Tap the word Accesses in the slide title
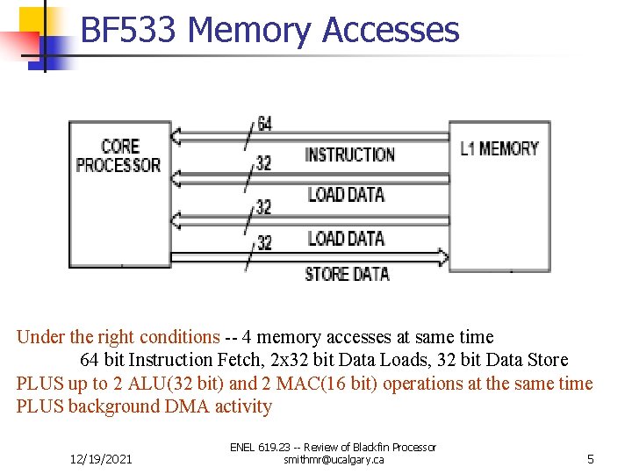coord(391,30)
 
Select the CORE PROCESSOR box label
coord(118,155)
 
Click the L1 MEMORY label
coord(499,148)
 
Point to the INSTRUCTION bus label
coord(349,154)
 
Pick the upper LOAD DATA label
coord(346,194)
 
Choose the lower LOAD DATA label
coord(346,238)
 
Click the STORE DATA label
coord(347,274)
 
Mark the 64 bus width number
coord(264,125)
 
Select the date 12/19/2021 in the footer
coord(101,459)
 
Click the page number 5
coord(591,459)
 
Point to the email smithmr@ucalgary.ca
coord(333,460)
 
